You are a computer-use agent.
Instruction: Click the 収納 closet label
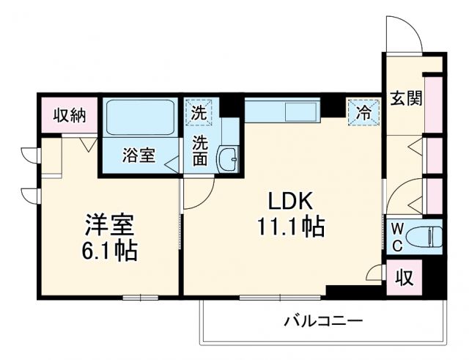coord(68,114)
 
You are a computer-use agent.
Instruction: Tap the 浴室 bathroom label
coord(139,155)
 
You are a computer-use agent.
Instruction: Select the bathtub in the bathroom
coord(139,117)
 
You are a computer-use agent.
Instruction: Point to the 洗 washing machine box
coord(199,113)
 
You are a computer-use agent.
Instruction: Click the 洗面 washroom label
coord(200,150)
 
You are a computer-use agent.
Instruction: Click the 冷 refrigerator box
coord(363,113)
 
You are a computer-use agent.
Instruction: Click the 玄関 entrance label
coord(405,98)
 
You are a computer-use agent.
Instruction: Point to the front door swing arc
coord(405,33)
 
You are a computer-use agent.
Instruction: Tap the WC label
coord(396,236)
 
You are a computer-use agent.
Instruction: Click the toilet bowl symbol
coord(426,236)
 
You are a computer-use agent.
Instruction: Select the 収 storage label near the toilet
coord(404,278)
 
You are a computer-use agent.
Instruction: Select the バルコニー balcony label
coord(323,321)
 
